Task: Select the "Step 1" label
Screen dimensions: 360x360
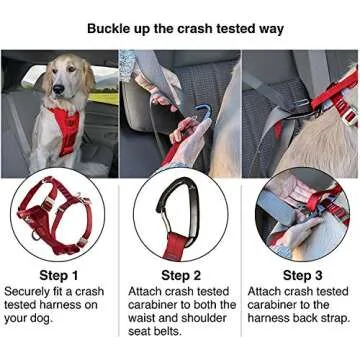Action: tap(59, 275)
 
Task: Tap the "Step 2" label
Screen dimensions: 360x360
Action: tap(179, 275)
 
